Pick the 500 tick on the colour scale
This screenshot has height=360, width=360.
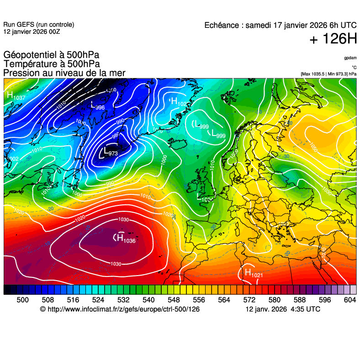(22, 300)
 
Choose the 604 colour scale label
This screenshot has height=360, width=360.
(349, 300)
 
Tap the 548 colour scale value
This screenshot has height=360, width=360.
(174, 300)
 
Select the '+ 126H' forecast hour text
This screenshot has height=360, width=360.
(333, 40)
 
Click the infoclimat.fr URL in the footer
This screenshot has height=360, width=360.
(120, 309)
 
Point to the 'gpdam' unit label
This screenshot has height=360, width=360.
(350, 58)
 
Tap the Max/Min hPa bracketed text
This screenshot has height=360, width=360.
(328, 74)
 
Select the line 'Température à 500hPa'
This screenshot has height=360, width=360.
(52, 64)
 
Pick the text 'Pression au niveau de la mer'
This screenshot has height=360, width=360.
(64, 73)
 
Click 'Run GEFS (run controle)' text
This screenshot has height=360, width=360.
(38, 25)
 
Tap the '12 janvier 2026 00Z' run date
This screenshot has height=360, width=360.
(32, 31)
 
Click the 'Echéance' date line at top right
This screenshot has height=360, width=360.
(281, 25)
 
